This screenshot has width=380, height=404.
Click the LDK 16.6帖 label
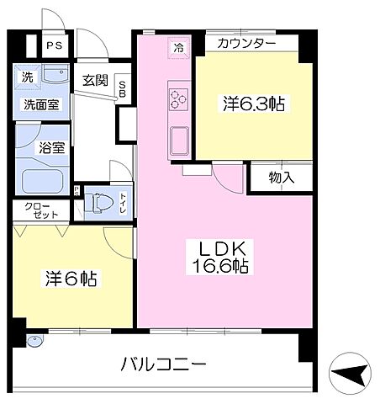click(x=221, y=258)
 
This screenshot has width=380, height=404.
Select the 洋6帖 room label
click(x=71, y=279)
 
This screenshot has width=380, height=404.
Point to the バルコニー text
click(x=163, y=365)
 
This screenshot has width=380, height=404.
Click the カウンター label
click(x=245, y=43)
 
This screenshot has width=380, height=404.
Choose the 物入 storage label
click(x=269, y=178)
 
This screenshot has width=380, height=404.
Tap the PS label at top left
click(x=55, y=46)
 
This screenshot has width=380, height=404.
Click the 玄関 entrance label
click(x=93, y=81)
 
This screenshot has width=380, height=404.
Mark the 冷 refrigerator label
click(x=178, y=48)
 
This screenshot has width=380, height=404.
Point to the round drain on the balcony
click(x=34, y=342)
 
